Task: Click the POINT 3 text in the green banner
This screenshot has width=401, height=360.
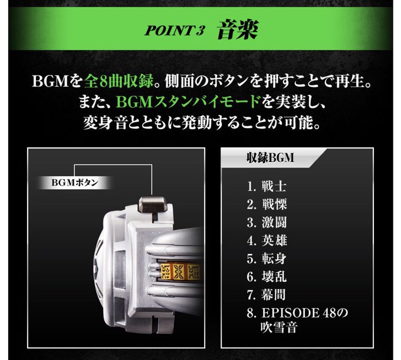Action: [x=175, y=31]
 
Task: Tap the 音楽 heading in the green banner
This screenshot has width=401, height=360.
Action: [x=238, y=29]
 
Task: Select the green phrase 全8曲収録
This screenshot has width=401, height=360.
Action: [x=119, y=81]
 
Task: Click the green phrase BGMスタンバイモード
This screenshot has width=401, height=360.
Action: [x=188, y=102]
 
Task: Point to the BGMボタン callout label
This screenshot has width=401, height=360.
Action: [x=75, y=183]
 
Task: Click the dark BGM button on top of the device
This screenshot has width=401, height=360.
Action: [x=153, y=205]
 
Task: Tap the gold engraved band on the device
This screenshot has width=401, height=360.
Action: [x=180, y=272]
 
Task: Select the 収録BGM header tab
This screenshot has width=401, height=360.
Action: [x=271, y=157]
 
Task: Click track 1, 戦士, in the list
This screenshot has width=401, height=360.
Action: [x=267, y=187]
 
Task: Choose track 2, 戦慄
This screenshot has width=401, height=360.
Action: [x=267, y=204]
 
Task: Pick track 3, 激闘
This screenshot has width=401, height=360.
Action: [x=267, y=222]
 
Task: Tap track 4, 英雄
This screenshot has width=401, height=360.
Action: [x=267, y=240]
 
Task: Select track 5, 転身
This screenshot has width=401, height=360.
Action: [x=267, y=259]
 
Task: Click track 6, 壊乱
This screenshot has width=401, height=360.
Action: [x=267, y=277]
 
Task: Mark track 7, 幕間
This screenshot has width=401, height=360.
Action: [x=266, y=295]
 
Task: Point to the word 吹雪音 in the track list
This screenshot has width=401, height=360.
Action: [x=279, y=328]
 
